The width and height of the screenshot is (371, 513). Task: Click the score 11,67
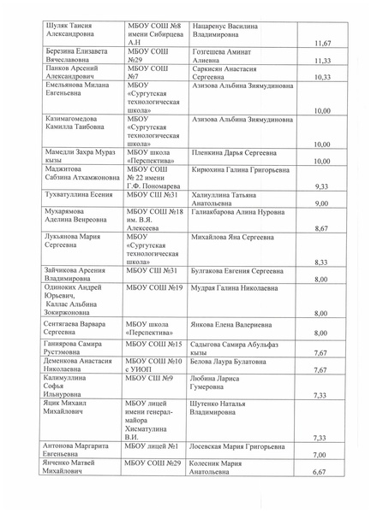(322, 42)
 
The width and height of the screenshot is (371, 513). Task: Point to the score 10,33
(322, 77)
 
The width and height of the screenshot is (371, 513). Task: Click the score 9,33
(322, 186)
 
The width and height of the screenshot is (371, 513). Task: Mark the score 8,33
(322, 262)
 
